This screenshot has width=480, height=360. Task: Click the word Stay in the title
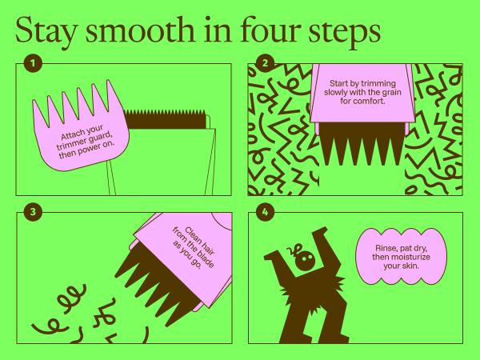tap(46, 31)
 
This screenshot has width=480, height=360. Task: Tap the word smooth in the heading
tap(140, 30)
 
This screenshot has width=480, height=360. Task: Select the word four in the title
tap(270, 30)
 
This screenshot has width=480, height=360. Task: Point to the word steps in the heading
tap(345, 32)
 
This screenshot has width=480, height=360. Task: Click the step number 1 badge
tap(33, 63)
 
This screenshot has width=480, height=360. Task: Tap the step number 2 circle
tap(265, 63)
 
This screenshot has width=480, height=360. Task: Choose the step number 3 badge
tap(33, 211)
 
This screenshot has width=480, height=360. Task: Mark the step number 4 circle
tap(265, 211)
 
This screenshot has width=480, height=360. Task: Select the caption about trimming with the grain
tap(362, 92)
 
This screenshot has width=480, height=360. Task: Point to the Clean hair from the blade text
tap(194, 248)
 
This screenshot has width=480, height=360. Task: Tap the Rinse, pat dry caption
tap(401, 257)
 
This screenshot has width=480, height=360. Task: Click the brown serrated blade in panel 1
tap(165, 118)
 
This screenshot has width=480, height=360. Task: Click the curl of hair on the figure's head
tap(293, 250)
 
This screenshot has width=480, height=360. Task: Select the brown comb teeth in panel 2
tap(362, 143)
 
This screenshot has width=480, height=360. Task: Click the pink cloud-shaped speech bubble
tap(401, 257)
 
